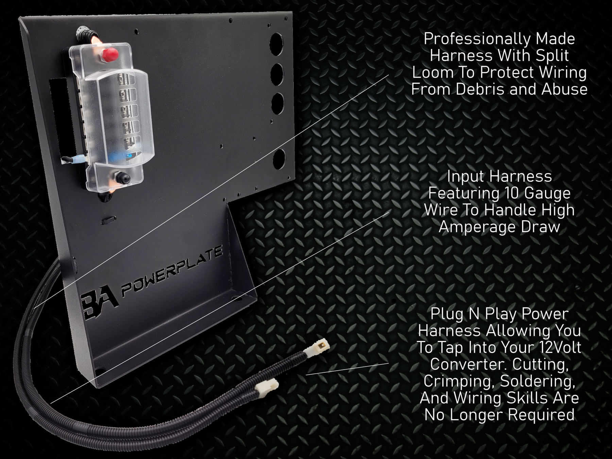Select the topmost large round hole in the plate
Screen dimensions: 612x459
[x=277, y=45]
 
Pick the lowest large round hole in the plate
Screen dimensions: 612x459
[x=279, y=159]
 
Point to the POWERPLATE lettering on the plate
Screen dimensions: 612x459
[x=172, y=272]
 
